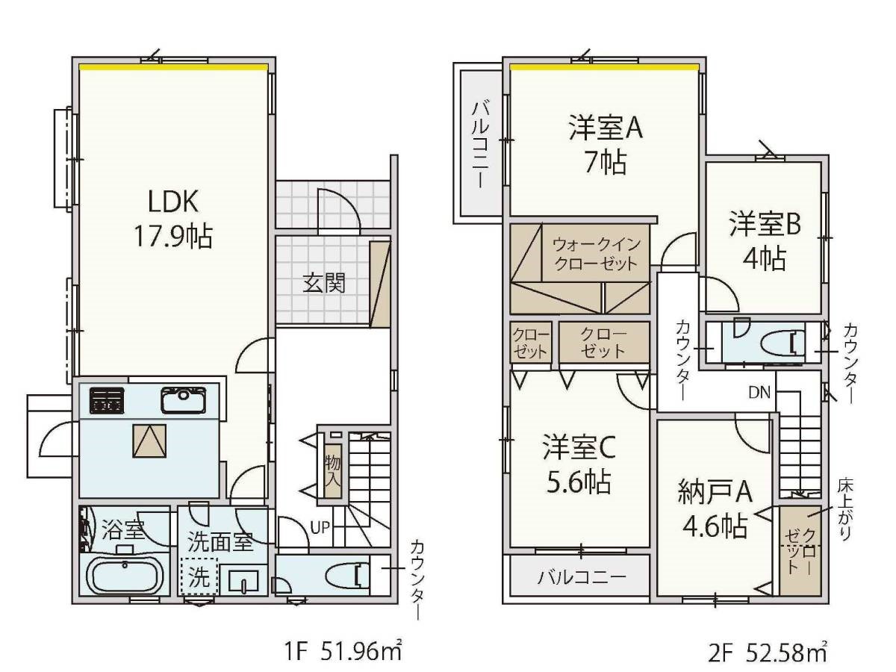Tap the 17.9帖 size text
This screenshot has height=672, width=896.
(x=173, y=237)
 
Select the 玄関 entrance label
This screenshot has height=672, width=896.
(x=324, y=283)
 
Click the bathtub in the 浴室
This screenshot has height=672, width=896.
(x=125, y=577)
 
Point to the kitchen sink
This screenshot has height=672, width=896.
(x=183, y=399)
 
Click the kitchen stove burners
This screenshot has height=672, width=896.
(x=108, y=399)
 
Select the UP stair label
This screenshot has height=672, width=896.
(x=320, y=528)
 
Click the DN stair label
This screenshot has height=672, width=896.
(x=759, y=393)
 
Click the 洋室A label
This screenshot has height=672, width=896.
(x=606, y=128)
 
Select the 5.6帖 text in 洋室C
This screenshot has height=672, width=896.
(x=579, y=482)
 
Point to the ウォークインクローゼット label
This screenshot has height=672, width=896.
(x=597, y=255)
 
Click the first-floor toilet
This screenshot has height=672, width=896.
(x=348, y=575)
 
